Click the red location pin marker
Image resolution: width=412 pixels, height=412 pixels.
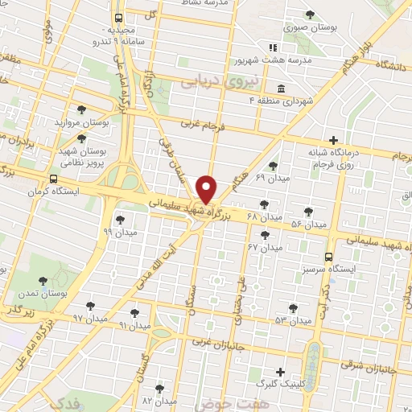click(x=208, y=188)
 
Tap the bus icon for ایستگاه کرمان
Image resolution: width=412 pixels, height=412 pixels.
click(x=53, y=179)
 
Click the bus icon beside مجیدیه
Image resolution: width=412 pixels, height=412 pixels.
click(x=119, y=17)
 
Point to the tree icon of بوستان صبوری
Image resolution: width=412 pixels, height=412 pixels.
click(x=311, y=14)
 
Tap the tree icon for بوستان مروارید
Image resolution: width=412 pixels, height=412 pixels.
click(x=80, y=109)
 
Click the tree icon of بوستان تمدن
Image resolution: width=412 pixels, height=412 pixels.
click(x=43, y=282)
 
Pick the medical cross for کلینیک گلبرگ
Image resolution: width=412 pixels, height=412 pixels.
click(x=280, y=372)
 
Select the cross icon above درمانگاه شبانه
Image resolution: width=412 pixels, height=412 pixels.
click(x=334, y=139)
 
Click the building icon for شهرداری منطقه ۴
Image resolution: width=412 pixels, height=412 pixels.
click(x=279, y=89)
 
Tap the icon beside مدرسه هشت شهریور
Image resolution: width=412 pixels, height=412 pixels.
click(x=272, y=48)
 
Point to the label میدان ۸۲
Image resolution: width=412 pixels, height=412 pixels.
click(x=159, y=400)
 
